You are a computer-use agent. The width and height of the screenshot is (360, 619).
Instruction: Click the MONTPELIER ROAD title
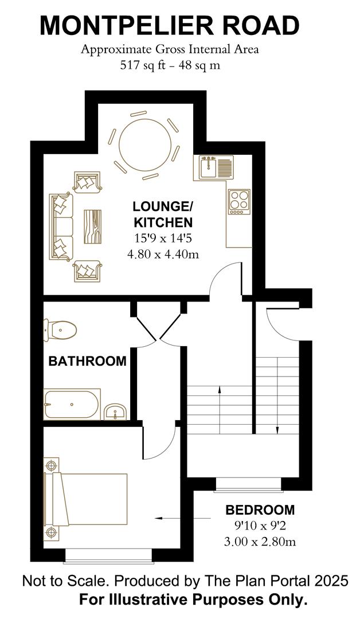click(169, 26)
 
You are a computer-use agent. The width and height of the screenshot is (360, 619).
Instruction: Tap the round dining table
click(144, 146)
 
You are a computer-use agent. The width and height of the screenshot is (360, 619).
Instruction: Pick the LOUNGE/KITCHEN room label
click(163, 214)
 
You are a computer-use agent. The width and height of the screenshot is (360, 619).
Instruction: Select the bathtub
click(72, 405)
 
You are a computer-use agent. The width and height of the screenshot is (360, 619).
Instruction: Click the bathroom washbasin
click(116, 410)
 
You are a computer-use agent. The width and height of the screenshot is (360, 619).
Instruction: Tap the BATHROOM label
click(87, 361)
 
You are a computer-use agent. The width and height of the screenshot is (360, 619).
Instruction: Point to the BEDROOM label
click(260, 510)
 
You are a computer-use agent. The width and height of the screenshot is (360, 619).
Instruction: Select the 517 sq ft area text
click(169, 65)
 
